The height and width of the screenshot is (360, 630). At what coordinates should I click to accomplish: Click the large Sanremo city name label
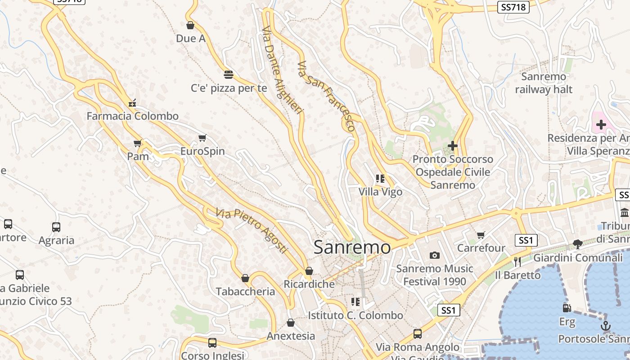[352, 247]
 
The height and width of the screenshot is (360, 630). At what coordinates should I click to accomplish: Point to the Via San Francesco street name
[327, 96]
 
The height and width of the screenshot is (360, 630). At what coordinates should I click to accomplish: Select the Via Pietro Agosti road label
[251, 230]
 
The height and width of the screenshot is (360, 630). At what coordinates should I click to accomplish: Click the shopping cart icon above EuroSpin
[202, 138]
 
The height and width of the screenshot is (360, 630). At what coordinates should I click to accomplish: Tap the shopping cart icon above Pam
[138, 144]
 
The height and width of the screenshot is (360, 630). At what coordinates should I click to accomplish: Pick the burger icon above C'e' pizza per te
[229, 74]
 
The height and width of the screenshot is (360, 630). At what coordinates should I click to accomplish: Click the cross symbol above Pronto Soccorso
[453, 146]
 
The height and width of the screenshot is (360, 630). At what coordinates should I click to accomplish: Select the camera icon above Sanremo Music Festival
[434, 256]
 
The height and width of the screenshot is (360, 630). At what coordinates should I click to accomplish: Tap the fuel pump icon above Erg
[567, 308]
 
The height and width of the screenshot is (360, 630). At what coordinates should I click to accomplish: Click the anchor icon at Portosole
[606, 326]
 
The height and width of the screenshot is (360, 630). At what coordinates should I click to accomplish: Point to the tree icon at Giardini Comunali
[578, 244]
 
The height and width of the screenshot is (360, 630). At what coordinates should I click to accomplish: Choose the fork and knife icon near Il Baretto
[517, 261]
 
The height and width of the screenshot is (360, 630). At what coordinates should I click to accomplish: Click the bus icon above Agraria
[56, 227]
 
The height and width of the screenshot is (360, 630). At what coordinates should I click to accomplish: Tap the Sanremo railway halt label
[544, 83]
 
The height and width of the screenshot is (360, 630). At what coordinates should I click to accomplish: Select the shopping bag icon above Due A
[190, 26]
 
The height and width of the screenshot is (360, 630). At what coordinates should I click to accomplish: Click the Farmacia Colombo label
[132, 116]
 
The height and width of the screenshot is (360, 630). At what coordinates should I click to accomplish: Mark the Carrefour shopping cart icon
[481, 235]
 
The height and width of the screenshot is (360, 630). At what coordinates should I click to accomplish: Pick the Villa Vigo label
[380, 192]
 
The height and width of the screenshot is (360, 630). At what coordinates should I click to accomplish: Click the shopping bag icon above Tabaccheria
[245, 279]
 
